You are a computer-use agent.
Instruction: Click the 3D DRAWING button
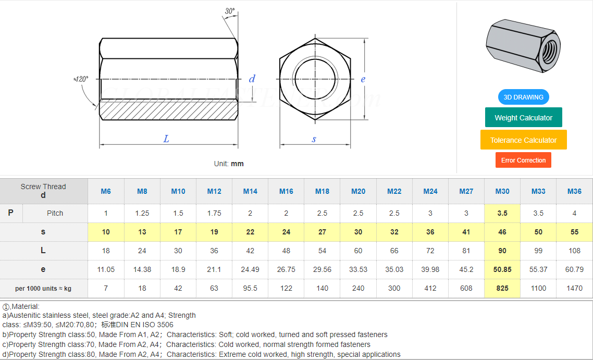pos(523,97)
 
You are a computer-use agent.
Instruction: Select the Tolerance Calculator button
pos(523,140)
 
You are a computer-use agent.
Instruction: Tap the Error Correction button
pos(523,160)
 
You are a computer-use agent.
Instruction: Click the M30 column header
pos(502,191)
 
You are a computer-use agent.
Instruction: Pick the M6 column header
pos(106,191)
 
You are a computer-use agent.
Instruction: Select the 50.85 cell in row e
pos(502,269)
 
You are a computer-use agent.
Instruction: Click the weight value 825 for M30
pos(502,288)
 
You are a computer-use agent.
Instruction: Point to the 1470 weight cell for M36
pos(574,288)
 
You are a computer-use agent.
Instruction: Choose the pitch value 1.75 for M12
pos(214,213)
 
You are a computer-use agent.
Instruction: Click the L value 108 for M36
pos(574,251)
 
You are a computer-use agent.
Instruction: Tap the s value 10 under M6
pos(106,232)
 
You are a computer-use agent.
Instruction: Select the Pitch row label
pos(55,213)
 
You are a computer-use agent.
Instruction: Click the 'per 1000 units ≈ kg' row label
pos(43,288)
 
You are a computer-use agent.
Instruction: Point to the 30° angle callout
pos(230,11)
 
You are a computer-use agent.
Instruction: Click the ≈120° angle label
pos(81,79)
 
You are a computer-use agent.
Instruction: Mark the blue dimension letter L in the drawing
pos(166,139)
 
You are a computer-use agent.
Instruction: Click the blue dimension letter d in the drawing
pos(252,79)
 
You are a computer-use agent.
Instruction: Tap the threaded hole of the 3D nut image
pos(549,51)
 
